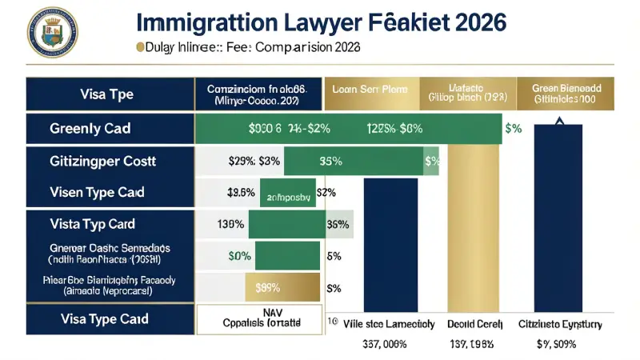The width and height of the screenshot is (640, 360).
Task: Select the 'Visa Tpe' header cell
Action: (x=106, y=94)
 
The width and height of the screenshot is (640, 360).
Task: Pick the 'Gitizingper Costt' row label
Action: (x=102, y=161)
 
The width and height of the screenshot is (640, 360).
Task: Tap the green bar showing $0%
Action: (x=240, y=256)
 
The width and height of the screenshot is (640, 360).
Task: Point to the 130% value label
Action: (x=230, y=224)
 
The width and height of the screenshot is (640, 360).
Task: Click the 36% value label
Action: (x=338, y=224)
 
